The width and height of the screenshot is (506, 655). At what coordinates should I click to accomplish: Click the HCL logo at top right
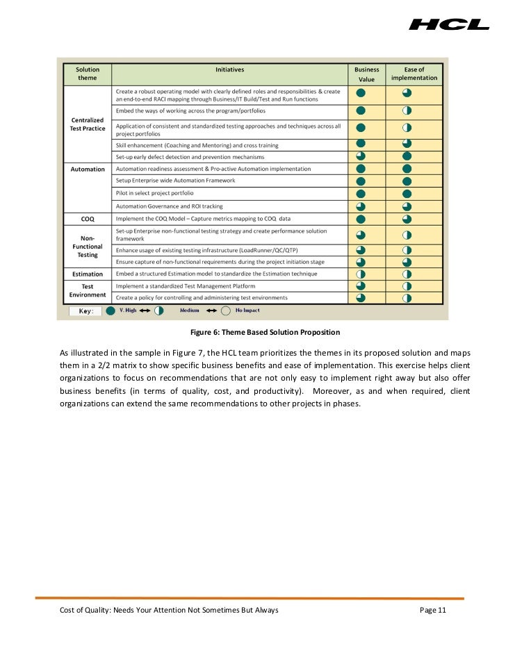[449, 24]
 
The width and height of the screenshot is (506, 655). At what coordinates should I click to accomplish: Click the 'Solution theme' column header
[88, 74]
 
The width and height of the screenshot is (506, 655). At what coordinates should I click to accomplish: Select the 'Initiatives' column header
[229, 69]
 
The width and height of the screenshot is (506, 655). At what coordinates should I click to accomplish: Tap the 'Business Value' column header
[366, 74]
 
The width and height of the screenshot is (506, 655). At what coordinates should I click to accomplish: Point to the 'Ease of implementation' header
[414, 74]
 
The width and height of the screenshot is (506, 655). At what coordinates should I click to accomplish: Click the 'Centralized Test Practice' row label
[88, 124]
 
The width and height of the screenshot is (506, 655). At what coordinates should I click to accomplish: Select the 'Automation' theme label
[88, 169]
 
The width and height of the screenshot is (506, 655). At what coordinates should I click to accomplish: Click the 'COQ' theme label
[88, 218]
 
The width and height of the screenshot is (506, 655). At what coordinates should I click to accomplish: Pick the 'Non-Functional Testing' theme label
[88, 247]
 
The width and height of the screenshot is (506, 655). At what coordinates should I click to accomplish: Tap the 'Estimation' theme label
[88, 274]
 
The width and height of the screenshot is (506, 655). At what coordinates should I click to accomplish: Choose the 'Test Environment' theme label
[88, 291]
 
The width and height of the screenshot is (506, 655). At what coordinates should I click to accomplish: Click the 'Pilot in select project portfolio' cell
[155, 193]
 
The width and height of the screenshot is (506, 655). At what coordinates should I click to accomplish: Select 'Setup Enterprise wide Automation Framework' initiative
[175, 181]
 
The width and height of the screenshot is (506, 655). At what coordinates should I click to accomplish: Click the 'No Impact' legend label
[248, 310]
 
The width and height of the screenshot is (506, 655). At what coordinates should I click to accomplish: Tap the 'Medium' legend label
[190, 310]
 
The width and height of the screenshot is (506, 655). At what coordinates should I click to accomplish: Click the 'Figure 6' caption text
[260, 332]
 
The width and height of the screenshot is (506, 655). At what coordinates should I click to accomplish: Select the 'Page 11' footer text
[433, 610]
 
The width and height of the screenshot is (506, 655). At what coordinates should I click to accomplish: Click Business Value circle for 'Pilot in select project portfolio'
[361, 194]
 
